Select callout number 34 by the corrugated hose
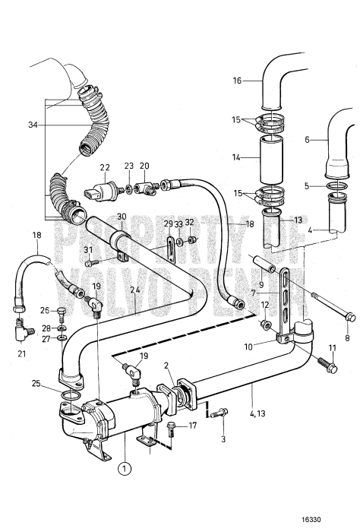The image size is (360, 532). coord(32,125)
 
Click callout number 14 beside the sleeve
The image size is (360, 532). coord(236,157)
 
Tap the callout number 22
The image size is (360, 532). coord(105,168)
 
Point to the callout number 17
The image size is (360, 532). coord(192,426)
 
